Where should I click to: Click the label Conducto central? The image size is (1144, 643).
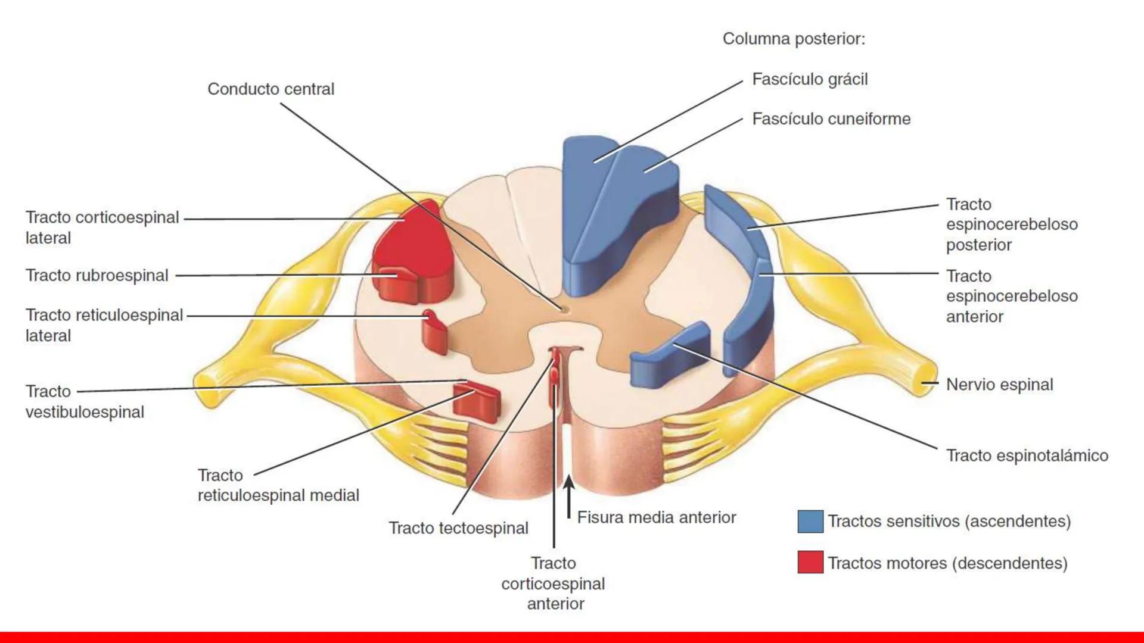click(271, 89)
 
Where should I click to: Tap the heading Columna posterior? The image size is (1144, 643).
click(794, 39)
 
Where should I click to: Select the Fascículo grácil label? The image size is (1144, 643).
click(810, 79)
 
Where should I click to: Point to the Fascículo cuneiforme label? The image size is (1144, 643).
click(831, 119)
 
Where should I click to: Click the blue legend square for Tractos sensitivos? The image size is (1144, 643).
click(810, 522)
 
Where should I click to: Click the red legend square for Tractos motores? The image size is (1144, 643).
click(810, 563)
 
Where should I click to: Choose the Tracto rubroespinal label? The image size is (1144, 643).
click(97, 276)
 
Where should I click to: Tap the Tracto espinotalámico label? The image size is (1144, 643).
click(1027, 456)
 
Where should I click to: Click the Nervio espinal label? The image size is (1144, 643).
click(999, 385)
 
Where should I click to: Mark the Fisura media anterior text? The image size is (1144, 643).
click(657, 517)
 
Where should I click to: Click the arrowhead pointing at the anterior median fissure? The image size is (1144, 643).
click(569, 481)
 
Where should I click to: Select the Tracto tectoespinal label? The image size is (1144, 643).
click(458, 528)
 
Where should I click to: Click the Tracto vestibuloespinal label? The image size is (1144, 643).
click(85, 402)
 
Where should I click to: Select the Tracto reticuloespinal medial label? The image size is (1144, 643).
click(278, 485)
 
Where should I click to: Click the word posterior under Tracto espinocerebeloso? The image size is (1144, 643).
click(979, 245)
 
